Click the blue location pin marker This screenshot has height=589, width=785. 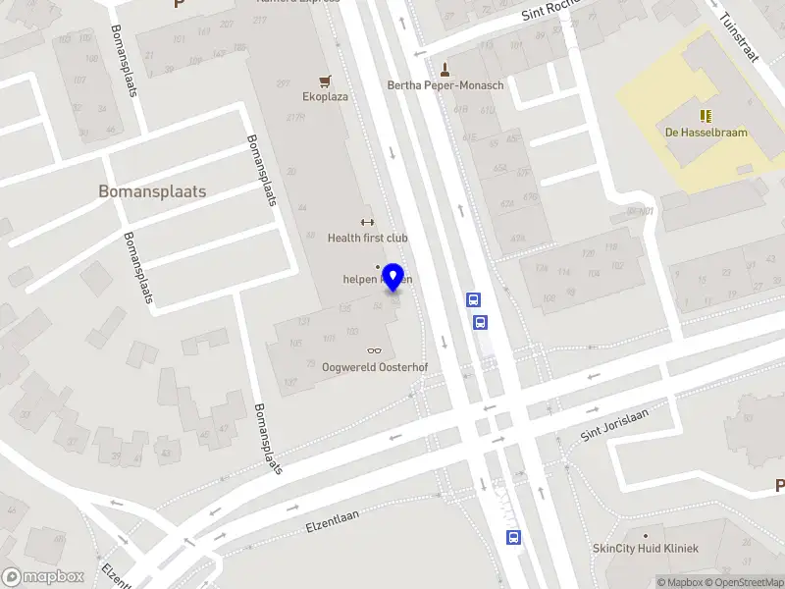[x=393, y=277]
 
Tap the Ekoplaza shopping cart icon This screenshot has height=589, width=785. [x=325, y=80]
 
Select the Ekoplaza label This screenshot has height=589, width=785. [x=325, y=97]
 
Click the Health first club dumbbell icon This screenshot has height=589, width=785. [x=368, y=222]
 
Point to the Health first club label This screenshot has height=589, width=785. [x=368, y=238]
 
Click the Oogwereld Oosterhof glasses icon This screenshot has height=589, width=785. [x=374, y=350]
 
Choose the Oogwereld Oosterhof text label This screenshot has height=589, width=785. [x=376, y=367]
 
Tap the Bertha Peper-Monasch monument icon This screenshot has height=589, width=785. [x=445, y=70]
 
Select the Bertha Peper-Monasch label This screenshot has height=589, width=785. [x=445, y=85]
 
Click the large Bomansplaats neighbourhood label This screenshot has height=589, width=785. [x=152, y=191]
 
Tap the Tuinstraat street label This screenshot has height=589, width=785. [x=739, y=36]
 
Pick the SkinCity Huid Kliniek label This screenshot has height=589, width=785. [x=646, y=548]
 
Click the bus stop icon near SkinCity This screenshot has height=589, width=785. [x=513, y=536]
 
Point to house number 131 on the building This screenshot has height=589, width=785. [x=303, y=321]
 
